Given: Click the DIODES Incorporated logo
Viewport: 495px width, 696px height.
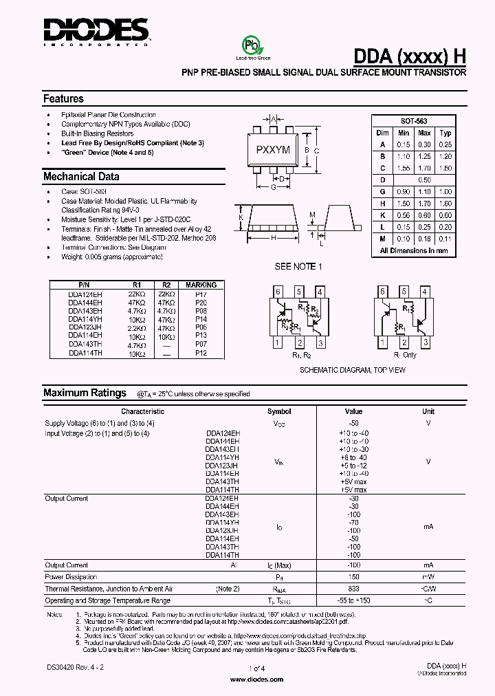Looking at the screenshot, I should (x=96, y=31).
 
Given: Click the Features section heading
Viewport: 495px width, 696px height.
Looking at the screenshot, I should (x=63, y=99).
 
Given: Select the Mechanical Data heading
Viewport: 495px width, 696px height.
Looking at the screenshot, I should (x=81, y=177).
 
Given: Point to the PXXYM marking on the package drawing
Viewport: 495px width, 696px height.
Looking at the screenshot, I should (x=273, y=149).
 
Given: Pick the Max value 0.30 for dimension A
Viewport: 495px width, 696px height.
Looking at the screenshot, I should (x=425, y=144).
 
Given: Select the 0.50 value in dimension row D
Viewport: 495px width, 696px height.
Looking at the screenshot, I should (x=425, y=180).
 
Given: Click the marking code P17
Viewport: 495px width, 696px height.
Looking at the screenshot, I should (x=201, y=294).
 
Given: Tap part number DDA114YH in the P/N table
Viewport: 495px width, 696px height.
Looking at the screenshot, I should (x=85, y=319).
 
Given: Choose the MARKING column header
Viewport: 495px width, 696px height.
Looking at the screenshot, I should (x=201, y=285).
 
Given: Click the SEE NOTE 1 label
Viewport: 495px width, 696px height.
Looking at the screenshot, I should (x=298, y=267).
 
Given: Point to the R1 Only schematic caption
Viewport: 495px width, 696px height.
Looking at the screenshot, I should (x=405, y=356).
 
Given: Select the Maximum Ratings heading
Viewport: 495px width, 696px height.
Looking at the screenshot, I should (x=85, y=393).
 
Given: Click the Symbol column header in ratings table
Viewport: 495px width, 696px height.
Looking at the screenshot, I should (x=279, y=411).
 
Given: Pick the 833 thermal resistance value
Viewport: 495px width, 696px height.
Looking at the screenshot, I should (x=353, y=589).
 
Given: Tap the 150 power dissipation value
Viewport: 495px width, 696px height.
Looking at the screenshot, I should (x=353, y=577).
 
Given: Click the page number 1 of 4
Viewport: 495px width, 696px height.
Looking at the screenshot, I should (x=256, y=668).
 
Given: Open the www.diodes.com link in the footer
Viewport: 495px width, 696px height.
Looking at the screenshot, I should (x=256, y=679).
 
